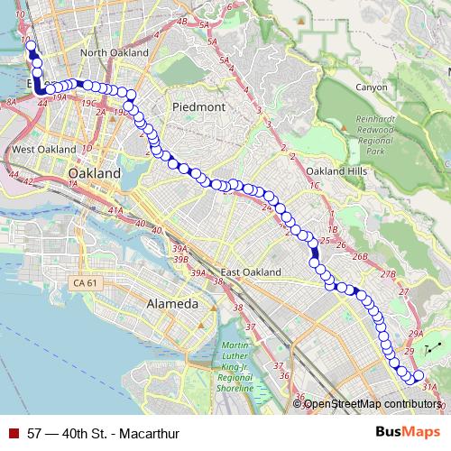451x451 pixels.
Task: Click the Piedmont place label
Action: tap(190, 106)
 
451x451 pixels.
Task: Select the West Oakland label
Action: tap(42, 148)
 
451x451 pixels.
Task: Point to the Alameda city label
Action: tap(171, 305)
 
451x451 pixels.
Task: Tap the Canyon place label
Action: tap(372, 87)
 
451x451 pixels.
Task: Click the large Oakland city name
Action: tap(95, 171)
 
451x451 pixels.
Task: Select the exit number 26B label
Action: tap(360, 257)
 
